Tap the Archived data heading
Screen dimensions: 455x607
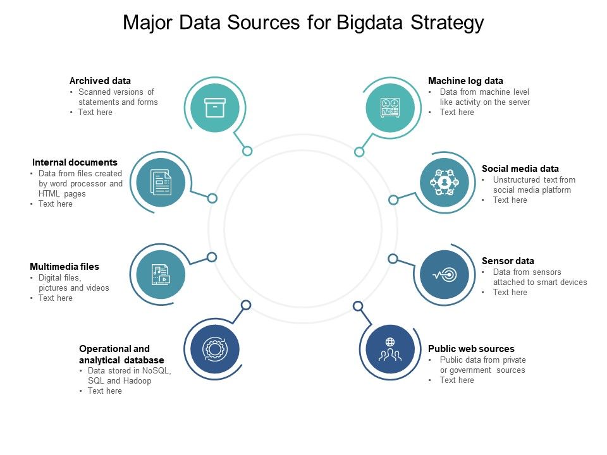pyautogui.click(x=100, y=81)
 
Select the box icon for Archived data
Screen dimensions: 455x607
pyautogui.click(x=215, y=107)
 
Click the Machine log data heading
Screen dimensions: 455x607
pyautogui.click(x=465, y=81)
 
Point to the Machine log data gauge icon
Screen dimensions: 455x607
pyautogui.click(x=390, y=107)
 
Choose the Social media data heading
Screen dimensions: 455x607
pyautogui.click(x=520, y=169)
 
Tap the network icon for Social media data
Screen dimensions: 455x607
pyautogui.click(x=445, y=183)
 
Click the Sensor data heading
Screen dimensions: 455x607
pyautogui.click(x=508, y=261)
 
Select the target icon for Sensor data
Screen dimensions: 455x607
pyautogui.click(x=445, y=274)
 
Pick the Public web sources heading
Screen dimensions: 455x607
pyautogui.click(x=471, y=349)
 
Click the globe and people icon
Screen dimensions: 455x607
pyautogui.click(x=390, y=349)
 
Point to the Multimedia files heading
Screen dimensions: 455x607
pyautogui.click(x=64, y=267)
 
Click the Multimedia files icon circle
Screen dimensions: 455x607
pyautogui.click(x=161, y=274)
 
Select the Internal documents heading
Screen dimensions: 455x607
pyautogui.click(x=75, y=162)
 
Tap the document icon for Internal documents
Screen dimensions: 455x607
pyautogui.click(x=161, y=183)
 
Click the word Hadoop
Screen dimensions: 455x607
pyautogui.click(x=137, y=381)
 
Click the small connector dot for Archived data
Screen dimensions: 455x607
pyautogui.click(x=247, y=151)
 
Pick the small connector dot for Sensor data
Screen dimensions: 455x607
pyautogui.click(x=393, y=258)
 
